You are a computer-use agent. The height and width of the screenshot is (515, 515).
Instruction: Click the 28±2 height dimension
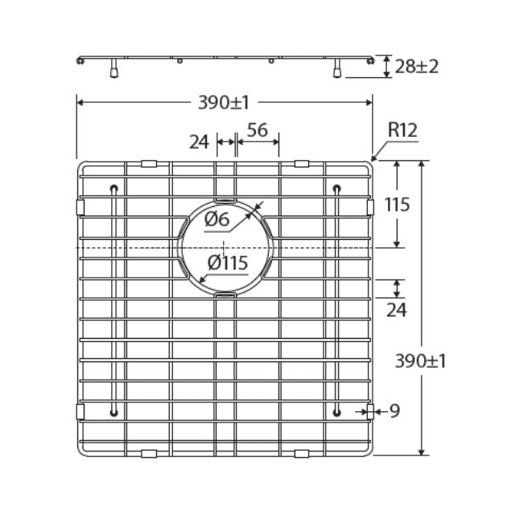pyautogui.click(x=417, y=66)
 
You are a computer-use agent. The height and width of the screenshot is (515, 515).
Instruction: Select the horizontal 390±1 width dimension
pyautogui.click(x=224, y=102)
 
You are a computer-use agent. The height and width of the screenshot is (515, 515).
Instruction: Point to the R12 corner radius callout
pyautogui.click(x=402, y=130)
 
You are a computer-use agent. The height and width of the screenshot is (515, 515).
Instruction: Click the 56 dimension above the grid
pyautogui.click(x=257, y=130)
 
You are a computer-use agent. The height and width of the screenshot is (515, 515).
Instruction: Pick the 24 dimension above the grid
pyautogui.click(x=199, y=142)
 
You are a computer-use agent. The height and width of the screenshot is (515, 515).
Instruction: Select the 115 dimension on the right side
pyautogui.click(x=398, y=204)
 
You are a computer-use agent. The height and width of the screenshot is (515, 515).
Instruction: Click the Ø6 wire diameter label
pyautogui.click(x=217, y=218)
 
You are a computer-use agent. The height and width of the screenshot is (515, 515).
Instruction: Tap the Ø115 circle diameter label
pyautogui.click(x=227, y=262)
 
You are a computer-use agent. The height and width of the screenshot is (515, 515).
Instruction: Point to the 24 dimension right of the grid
pyautogui.click(x=397, y=310)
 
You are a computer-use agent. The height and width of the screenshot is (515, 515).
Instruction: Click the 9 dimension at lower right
pyautogui.click(x=394, y=411)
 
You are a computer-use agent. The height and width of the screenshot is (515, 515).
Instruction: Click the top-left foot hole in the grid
pyautogui.click(x=114, y=189)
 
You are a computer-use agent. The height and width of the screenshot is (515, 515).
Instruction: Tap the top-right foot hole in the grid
pyautogui.click(x=336, y=189)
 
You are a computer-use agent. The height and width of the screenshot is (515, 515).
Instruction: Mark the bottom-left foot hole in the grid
pyautogui.click(x=114, y=413)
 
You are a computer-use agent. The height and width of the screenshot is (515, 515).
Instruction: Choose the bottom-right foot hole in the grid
pyautogui.click(x=336, y=413)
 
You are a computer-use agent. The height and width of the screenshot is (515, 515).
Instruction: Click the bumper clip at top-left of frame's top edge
pyautogui.click(x=148, y=163)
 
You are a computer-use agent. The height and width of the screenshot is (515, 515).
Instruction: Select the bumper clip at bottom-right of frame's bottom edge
pyautogui.click(x=302, y=454)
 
